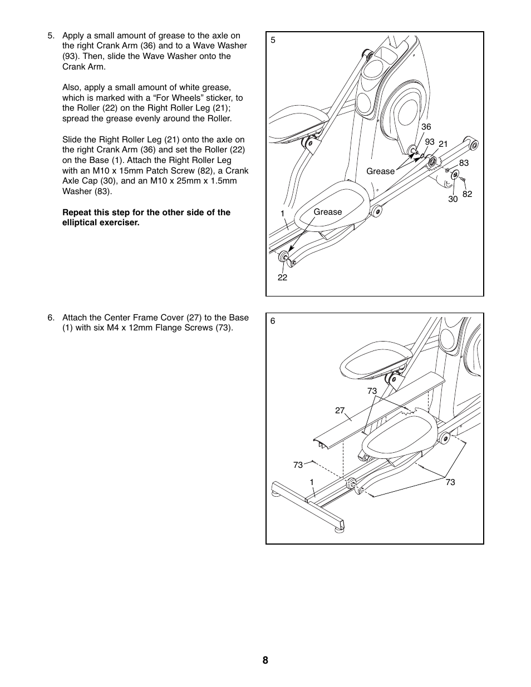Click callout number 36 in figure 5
(x=426, y=127)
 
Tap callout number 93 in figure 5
(x=429, y=142)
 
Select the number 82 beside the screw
(x=467, y=194)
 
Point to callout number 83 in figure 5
(x=464, y=163)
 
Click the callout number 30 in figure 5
(x=453, y=199)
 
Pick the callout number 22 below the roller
(x=282, y=278)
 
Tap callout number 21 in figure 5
(x=443, y=144)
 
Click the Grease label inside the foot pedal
(x=328, y=212)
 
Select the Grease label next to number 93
(x=380, y=171)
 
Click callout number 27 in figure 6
(x=340, y=411)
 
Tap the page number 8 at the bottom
(x=265, y=660)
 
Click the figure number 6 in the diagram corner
(x=273, y=321)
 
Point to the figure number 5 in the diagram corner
(x=273, y=40)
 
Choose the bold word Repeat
(x=77, y=212)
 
